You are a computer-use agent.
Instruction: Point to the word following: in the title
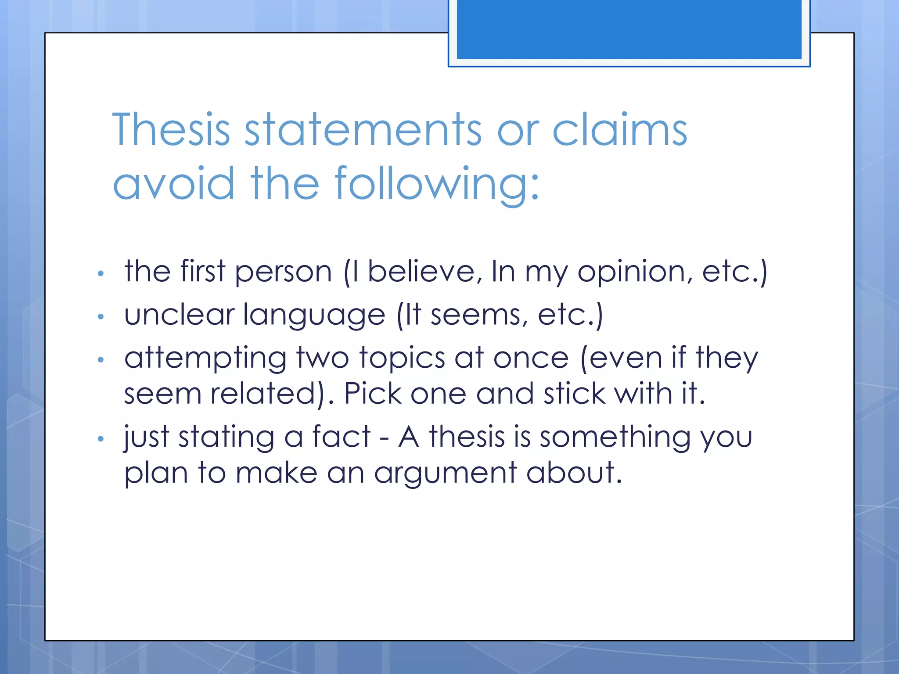437,184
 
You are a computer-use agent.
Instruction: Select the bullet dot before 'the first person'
101,274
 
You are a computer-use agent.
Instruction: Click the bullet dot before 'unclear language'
101,316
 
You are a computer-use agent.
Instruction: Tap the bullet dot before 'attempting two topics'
101,360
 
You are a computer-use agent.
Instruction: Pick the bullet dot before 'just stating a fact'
101,438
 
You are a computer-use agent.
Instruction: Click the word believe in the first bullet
421,271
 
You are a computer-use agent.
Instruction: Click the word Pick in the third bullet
372,393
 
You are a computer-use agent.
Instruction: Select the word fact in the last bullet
341,437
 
